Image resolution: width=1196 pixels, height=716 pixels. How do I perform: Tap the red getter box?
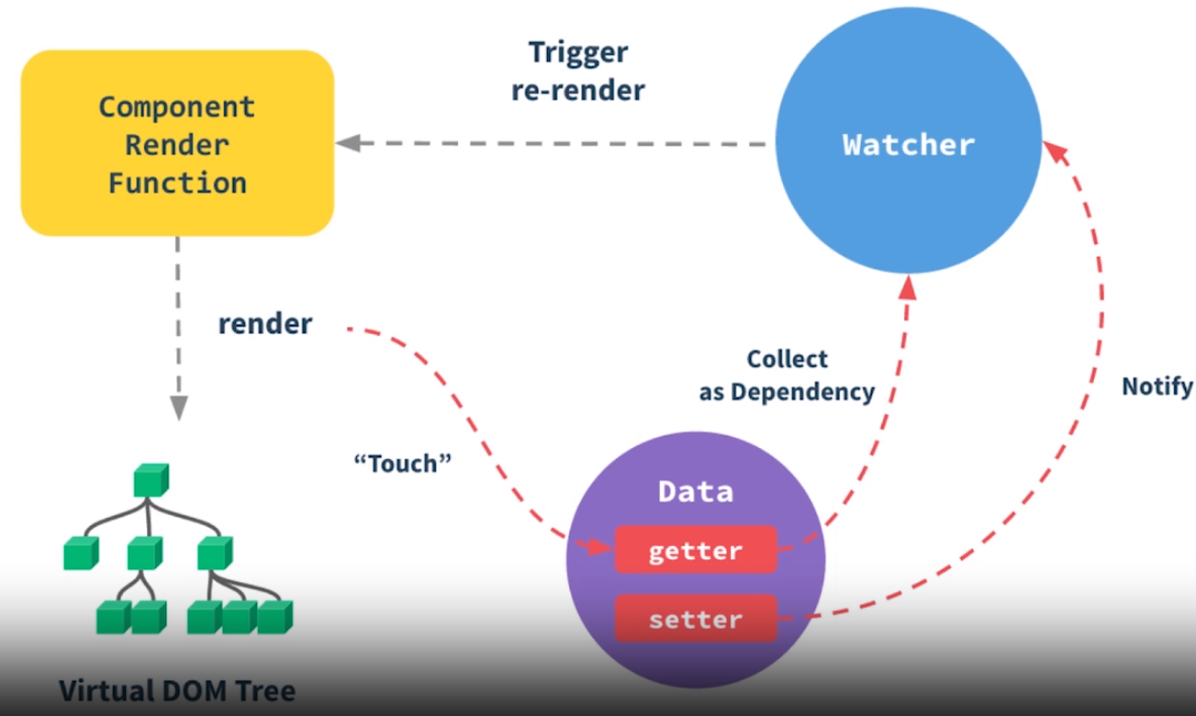pyautogui.click(x=695, y=551)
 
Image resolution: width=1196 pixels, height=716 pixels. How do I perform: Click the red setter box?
pyautogui.click(x=695, y=620)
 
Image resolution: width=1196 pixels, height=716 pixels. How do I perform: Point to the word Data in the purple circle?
pyautogui.click(x=696, y=492)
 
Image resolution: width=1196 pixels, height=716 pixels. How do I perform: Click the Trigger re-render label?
pyautogui.click(x=578, y=71)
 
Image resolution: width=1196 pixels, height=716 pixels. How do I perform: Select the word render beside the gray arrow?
pyautogui.click(x=265, y=324)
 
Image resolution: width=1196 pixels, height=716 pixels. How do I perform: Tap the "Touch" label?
pyautogui.click(x=403, y=462)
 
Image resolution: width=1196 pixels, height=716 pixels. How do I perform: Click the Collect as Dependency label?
pyautogui.click(x=787, y=375)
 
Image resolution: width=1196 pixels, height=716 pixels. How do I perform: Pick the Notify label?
pyautogui.click(x=1157, y=386)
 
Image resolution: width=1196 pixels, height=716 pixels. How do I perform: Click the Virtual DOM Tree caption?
pyautogui.click(x=177, y=689)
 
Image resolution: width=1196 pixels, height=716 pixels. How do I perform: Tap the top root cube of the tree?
pyautogui.click(x=151, y=480)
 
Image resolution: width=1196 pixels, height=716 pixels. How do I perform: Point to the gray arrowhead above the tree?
pyautogui.click(x=179, y=407)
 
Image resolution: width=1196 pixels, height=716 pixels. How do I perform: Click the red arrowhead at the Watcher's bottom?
pyautogui.click(x=908, y=285)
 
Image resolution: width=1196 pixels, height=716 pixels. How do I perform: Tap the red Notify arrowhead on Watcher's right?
pyautogui.click(x=1056, y=151)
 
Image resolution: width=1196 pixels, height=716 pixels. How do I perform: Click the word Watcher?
pyautogui.click(x=909, y=145)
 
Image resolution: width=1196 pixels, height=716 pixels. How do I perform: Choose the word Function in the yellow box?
pyautogui.click(x=177, y=182)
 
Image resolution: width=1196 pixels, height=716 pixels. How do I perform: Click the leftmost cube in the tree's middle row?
pyautogui.click(x=81, y=554)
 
